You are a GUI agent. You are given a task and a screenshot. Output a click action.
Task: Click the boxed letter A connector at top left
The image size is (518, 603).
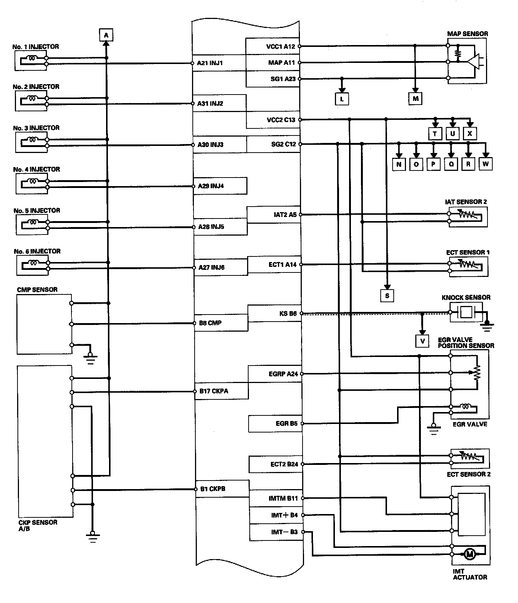106,35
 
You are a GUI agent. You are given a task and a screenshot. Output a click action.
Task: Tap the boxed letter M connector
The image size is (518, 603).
415,99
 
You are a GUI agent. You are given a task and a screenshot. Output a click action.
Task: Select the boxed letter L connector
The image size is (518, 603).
342,99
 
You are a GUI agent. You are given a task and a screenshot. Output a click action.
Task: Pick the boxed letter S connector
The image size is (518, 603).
387,296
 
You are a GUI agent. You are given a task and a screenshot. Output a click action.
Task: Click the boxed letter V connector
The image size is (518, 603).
422,341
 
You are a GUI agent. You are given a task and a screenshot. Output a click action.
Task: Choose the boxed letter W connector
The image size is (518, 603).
485,164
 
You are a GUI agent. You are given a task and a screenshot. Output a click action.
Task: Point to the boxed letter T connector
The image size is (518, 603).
435,134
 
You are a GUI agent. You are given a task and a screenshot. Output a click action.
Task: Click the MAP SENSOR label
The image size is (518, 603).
467,34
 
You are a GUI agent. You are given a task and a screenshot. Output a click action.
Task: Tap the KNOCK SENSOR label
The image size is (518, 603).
466,297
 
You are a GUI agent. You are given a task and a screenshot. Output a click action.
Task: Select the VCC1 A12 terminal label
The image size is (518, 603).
281,47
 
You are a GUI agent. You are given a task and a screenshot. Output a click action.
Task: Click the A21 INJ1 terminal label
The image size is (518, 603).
210,63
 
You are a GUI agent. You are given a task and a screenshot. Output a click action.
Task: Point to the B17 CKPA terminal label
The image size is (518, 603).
214,391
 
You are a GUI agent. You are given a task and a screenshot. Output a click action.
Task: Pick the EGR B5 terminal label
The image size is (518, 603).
287,424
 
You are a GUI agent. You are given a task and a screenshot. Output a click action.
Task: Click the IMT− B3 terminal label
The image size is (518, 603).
284,532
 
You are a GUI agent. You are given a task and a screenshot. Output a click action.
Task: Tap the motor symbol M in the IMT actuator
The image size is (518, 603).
469,554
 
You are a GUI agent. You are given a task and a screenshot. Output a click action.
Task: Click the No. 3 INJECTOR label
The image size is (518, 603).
36,128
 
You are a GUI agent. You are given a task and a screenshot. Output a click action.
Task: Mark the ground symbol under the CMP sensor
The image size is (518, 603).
90,358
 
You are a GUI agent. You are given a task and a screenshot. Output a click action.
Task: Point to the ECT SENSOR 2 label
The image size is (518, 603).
469,474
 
